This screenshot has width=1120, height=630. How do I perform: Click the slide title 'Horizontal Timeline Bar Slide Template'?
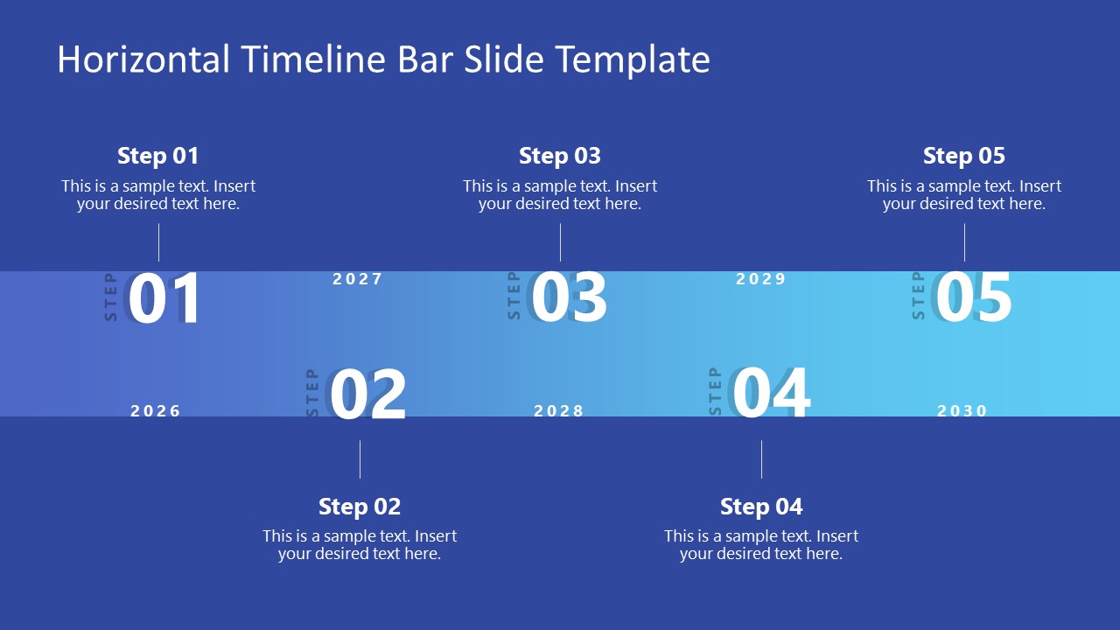pyautogui.click(x=383, y=59)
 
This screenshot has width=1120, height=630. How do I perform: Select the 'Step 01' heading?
pyautogui.click(x=158, y=156)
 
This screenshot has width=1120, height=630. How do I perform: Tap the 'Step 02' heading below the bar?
pyautogui.click(x=360, y=507)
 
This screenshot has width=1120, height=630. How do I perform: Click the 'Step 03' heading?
pyautogui.click(x=560, y=156)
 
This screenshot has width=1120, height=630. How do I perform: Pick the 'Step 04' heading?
pyautogui.click(x=761, y=507)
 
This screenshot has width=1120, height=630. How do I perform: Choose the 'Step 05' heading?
pyautogui.click(x=964, y=156)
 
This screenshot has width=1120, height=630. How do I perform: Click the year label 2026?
pyautogui.click(x=156, y=411)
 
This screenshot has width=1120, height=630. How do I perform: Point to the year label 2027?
pyautogui.click(x=358, y=279)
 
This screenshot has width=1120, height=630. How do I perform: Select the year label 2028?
pyautogui.click(x=559, y=411)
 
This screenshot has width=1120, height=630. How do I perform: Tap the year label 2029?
pyautogui.click(x=761, y=279)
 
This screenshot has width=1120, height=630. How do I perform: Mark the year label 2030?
pyautogui.click(x=962, y=411)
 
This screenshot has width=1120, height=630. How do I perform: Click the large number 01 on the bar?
pyautogui.click(x=164, y=299)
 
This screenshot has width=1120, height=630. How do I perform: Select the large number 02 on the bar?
pyautogui.click(x=367, y=395)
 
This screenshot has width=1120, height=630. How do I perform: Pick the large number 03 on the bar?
pyautogui.click(x=569, y=298)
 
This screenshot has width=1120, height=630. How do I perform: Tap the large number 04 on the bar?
pyautogui.click(x=771, y=394)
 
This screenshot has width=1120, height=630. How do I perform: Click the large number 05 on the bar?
pyautogui.click(x=973, y=298)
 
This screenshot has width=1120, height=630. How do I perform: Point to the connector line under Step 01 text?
pyautogui.click(x=158, y=242)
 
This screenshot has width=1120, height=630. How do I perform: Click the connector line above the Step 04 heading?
pyautogui.click(x=761, y=459)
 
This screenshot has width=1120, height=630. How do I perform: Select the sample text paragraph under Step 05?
pyautogui.click(x=964, y=195)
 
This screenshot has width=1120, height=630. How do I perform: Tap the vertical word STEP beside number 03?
pyautogui.click(x=514, y=296)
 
